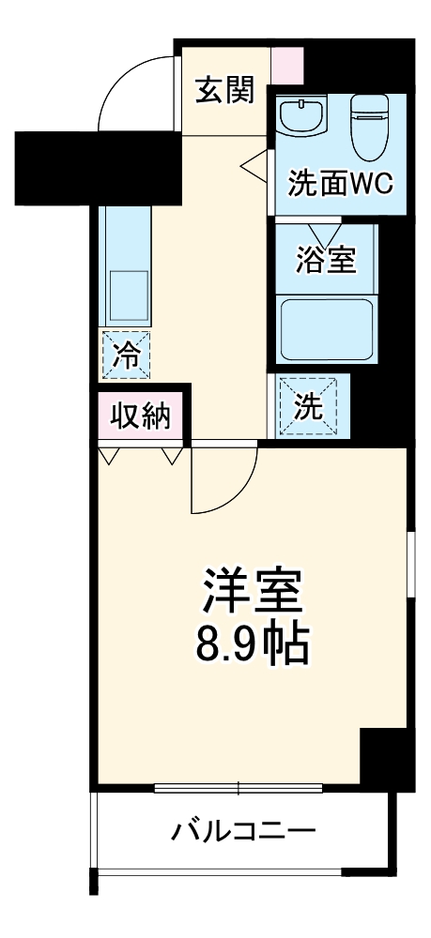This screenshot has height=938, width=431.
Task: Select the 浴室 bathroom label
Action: (x=326, y=260)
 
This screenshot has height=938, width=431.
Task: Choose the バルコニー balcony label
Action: (x=242, y=830)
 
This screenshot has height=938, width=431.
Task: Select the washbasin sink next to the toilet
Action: (x=303, y=117)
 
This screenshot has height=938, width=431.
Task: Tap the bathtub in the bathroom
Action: (x=328, y=328)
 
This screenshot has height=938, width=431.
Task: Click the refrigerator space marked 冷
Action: (x=125, y=355)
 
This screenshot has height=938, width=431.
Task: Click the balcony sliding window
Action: (x=239, y=786)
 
